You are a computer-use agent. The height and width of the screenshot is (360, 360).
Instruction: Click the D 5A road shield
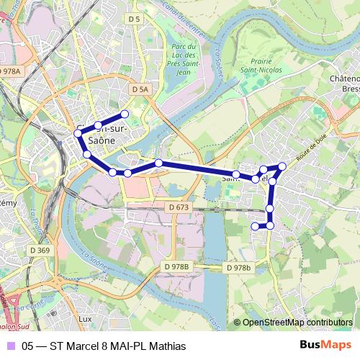coord(140,89)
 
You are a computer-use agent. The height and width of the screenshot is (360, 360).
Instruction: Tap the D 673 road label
coord(179,207)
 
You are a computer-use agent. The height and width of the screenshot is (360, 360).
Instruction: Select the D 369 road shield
coord(40,251)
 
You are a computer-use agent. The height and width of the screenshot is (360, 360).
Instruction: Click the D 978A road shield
coord(10,71)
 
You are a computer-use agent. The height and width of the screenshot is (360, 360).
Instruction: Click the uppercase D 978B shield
coord(176,267)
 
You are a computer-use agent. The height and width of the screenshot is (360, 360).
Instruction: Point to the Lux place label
coord(85,318)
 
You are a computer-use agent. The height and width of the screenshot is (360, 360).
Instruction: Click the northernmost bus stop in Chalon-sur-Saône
coord(125,114)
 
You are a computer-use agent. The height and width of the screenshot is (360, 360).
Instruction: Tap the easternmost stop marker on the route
coord(282,166)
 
